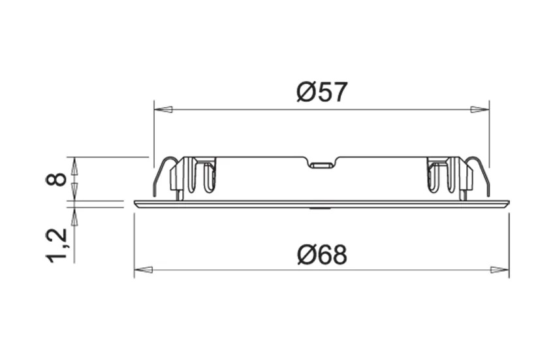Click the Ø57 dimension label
pos(321,92)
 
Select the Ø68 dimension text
pos(321,254)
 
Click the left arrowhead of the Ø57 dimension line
pos(163,109)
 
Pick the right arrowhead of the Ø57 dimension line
pos(480,109)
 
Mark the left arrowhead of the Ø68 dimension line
pos(144,269)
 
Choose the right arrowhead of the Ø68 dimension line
pos(499,269)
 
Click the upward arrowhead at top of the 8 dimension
pos(74,166)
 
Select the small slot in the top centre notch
pos(321,165)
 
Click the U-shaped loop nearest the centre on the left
pos(209,178)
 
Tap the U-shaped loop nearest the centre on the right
pos(433,178)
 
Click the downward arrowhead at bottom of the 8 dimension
pos(74,190)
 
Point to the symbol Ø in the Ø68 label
pos(306,254)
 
